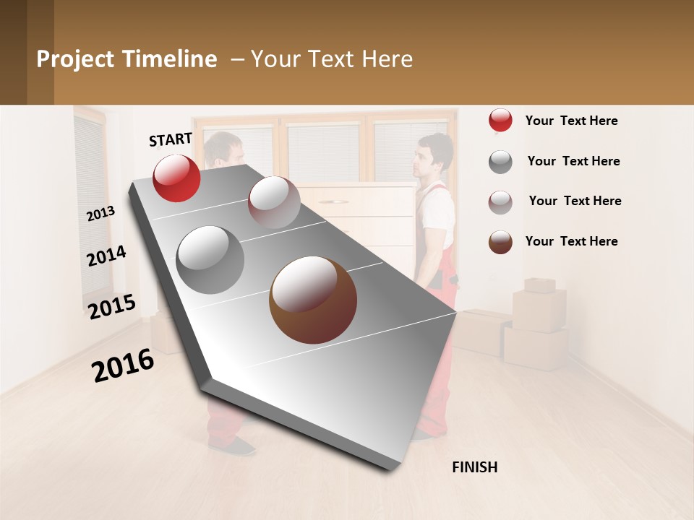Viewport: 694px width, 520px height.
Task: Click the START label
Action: point(171,139)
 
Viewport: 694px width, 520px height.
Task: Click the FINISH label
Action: point(475,467)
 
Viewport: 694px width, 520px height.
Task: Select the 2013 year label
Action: point(100,213)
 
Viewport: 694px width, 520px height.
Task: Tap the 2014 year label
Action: point(106,256)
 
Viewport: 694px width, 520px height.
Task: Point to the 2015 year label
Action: point(112,307)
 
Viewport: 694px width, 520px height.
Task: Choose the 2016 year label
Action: point(123,365)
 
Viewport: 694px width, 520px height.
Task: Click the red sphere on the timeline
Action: point(176,178)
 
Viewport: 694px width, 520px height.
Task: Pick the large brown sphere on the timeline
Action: point(313,300)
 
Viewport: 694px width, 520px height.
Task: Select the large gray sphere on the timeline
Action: point(210,259)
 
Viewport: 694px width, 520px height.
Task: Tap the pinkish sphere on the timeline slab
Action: point(274,202)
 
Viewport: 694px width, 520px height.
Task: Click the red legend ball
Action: point(500,121)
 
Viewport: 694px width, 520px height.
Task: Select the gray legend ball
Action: point(500,162)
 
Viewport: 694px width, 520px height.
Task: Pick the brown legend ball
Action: point(500,242)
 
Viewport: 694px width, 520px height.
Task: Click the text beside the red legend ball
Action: point(571,121)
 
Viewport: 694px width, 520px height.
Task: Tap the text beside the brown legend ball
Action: point(571,241)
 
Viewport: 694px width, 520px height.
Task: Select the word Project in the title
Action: point(75,59)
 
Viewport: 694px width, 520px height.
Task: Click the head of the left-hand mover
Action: point(224,149)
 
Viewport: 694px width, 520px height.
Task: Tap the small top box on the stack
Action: point(539,285)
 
